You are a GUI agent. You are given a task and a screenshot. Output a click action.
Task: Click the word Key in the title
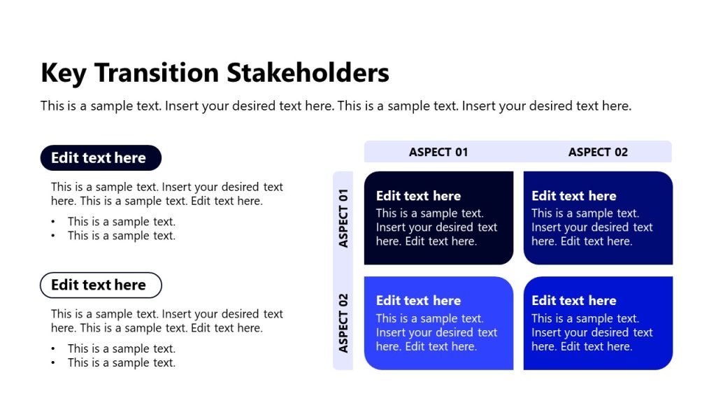tap(63, 73)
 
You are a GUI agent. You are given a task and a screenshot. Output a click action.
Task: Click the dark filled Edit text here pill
tap(101, 158)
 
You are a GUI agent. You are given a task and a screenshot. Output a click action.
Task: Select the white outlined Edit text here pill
tap(101, 285)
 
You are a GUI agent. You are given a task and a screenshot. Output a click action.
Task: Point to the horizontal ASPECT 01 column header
tap(438, 152)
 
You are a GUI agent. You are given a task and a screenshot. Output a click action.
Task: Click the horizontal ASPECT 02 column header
tap(598, 152)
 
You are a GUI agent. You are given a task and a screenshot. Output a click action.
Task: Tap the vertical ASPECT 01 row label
tap(343, 218)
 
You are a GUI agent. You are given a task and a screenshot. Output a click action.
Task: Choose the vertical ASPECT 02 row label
tap(343, 323)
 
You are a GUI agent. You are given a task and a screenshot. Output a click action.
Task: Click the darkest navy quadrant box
tap(438, 218)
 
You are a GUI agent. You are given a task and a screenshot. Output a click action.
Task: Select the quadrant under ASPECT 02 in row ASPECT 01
tap(598, 218)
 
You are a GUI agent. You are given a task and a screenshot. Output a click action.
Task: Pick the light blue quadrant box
tap(438, 323)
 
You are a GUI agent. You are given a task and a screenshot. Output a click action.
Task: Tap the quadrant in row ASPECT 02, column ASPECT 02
tap(598, 323)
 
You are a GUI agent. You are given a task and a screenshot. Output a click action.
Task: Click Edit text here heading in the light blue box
tap(418, 301)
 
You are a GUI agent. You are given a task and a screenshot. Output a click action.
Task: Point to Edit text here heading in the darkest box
tap(418, 196)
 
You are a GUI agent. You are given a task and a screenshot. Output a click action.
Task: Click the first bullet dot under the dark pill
tap(53, 222)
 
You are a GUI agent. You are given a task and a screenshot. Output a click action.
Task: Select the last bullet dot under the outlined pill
tap(53, 363)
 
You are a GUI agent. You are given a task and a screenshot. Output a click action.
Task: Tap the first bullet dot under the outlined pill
tap(53, 349)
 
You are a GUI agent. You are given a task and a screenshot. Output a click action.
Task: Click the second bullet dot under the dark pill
tap(53, 236)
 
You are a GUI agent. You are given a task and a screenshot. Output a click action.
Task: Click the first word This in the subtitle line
tap(52, 106)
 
